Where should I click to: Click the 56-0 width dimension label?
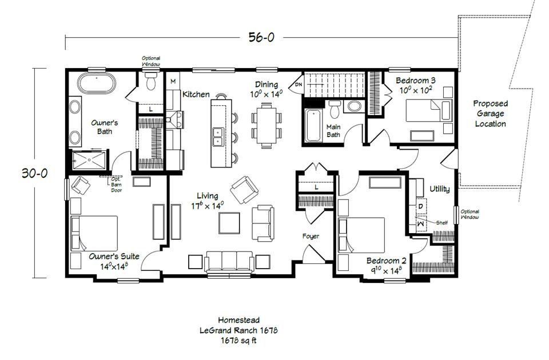click(x=261, y=37)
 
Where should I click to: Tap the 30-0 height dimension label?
click(x=34, y=173)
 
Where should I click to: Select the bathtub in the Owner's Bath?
click(x=96, y=83)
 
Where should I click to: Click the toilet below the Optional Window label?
click(x=151, y=81)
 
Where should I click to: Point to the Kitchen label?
click(x=196, y=94)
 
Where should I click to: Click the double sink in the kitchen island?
click(x=218, y=137)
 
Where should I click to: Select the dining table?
click(x=266, y=125)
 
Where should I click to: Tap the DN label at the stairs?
click(x=299, y=85)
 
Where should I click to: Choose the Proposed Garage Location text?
click(x=490, y=113)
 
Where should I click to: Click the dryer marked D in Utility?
click(x=420, y=207)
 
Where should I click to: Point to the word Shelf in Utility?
click(x=442, y=222)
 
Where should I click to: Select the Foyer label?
click(x=311, y=236)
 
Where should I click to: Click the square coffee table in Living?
click(x=229, y=223)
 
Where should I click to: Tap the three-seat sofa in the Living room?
click(x=229, y=262)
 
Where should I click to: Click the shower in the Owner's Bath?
click(x=89, y=160)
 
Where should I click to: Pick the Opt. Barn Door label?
click(x=116, y=185)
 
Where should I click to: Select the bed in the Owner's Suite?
click(x=94, y=233)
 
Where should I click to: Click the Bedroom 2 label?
click(x=386, y=261)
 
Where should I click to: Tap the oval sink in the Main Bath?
click(x=355, y=106)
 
